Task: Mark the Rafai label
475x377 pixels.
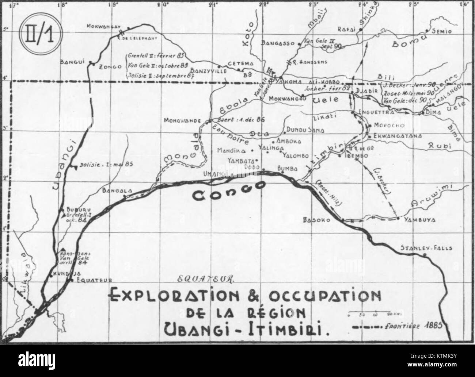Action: point(348,31)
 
